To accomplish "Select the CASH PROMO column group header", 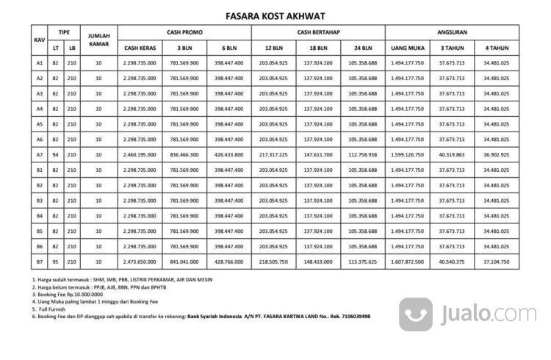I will pos(184,32).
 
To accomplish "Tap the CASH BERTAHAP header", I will pos(317,32).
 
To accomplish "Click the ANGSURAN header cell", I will pos(452,32).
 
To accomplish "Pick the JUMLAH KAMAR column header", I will pos(99,40).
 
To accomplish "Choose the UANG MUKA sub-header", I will pos(406,48).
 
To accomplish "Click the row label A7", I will pos(40,154).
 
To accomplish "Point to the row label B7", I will pos(40,262).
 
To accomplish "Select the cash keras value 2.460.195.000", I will pos(140,154).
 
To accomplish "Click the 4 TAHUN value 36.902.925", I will pos(497,154).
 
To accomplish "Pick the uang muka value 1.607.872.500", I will pos(406,262).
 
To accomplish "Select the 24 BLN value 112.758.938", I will pos(362,154).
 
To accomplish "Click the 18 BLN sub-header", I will pos(318,48).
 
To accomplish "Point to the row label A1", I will pos(40,63).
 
